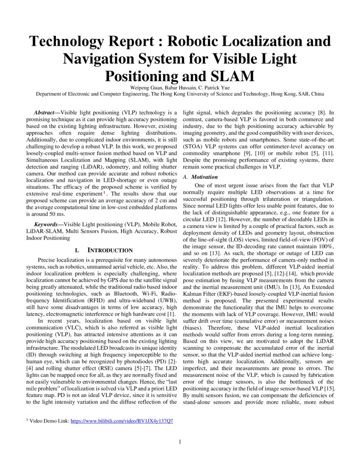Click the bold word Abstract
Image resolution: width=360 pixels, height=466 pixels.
(46, 113)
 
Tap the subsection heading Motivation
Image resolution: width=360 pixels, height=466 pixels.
(204, 177)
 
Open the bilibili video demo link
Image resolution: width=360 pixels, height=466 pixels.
(122, 421)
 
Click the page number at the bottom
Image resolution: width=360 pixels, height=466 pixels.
(180, 442)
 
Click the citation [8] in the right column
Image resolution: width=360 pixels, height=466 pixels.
(321, 113)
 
